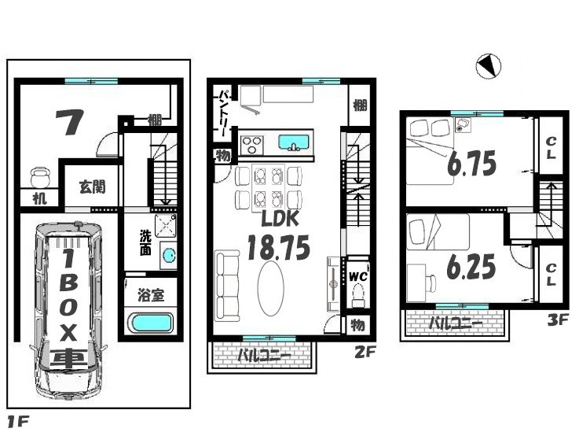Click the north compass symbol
point(488,67)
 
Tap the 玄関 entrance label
point(92,187)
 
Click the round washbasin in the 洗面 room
point(169,254)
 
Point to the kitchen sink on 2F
point(294,142)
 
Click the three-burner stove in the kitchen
point(252,145)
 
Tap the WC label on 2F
point(357,276)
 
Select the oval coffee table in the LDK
point(271,289)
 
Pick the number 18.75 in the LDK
point(278,248)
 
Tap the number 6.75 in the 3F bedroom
point(472,164)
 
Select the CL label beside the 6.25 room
point(551,275)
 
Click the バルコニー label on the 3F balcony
point(456,323)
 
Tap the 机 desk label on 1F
point(39,198)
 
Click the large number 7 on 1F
point(69,122)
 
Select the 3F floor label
point(558,320)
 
